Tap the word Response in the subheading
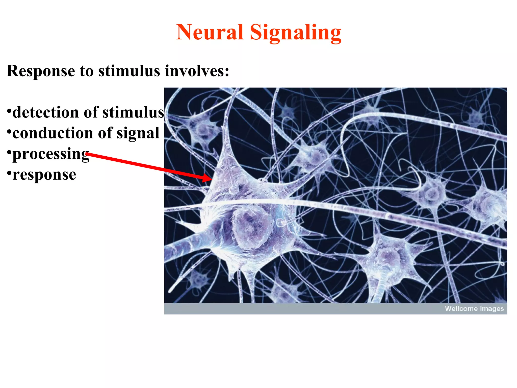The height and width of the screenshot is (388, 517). click(x=41, y=71)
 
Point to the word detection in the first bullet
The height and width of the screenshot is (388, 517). click(x=45, y=112)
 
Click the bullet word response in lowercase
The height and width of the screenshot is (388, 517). click(x=44, y=175)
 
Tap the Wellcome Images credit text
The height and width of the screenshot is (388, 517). click(x=474, y=309)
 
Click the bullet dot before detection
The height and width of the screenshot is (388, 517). click(x=9, y=111)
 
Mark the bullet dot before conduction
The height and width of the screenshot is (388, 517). click(x=9, y=131)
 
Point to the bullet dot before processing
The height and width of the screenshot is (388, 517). click(x=9, y=152)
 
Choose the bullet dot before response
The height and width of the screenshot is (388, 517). click(x=9, y=173)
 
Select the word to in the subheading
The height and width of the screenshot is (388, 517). click(x=87, y=71)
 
